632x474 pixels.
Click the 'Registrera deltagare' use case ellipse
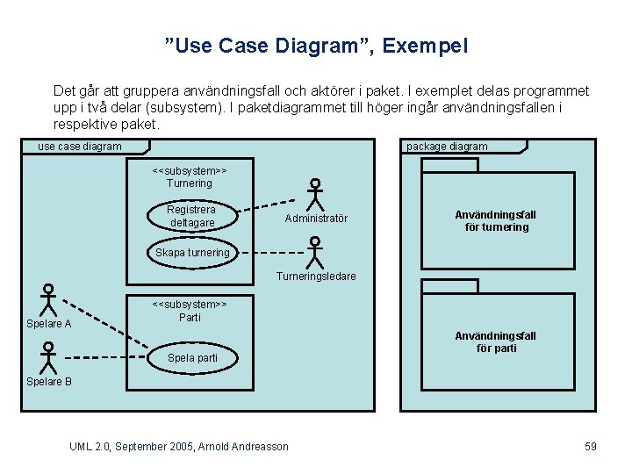pyautogui.click(x=191, y=216)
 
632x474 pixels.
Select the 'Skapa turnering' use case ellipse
pyautogui.click(x=192, y=252)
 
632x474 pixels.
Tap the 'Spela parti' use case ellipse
pyautogui.click(x=192, y=357)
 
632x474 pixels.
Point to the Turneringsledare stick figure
pyautogui.click(x=315, y=252)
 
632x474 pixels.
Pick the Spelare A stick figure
pyautogui.click(x=49, y=299)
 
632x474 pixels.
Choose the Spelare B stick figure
pyautogui.click(x=49, y=356)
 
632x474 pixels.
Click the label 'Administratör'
pyautogui.click(x=316, y=219)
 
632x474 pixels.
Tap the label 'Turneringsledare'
pyautogui.click(x=316, y=276)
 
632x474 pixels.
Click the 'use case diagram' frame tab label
pyautogui.click(x=80, y=147)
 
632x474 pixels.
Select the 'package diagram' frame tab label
pyautogui.click(x=447, y=147)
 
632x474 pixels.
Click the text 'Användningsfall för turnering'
pyautogui.click(x=496, y=221)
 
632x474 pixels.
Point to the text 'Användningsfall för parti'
pyautogui.click(x=496, y=342)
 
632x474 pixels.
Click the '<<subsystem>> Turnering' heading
pyautogui.click(x=190, y=176)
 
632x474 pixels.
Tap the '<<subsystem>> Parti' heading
pyautogui.click(x=190, y=311)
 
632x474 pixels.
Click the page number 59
pyautogui.click(x=591, y=447)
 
